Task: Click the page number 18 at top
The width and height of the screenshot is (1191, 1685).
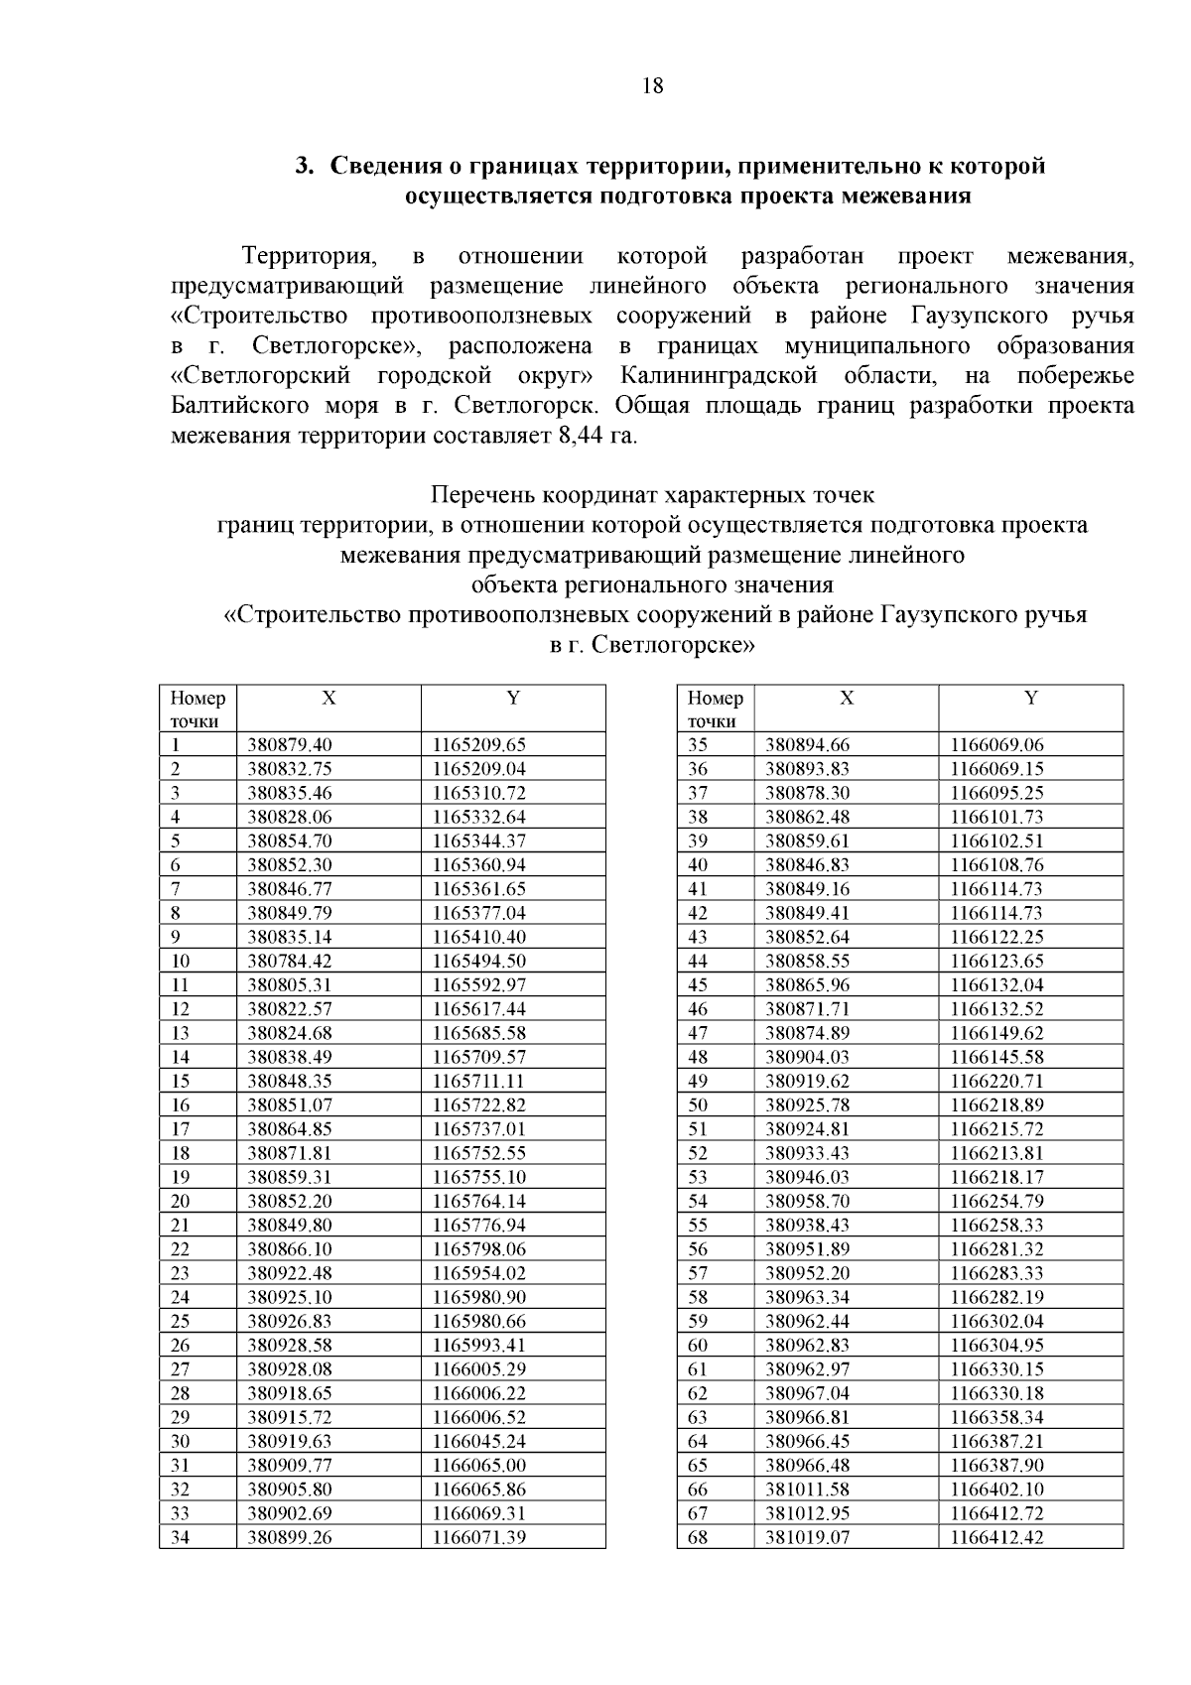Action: (x=653, y=85)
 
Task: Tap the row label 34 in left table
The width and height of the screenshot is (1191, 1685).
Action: (x=181, y=1537)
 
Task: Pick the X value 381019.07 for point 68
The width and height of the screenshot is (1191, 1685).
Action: (x=808, y=1537)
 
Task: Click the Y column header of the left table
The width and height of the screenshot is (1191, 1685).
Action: (x=513, y=699)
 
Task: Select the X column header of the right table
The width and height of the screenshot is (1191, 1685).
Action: (x=847, y=699)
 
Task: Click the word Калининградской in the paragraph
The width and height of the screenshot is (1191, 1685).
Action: (x=718, y=375)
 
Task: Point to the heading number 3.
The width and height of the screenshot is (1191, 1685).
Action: (x=305, y=165)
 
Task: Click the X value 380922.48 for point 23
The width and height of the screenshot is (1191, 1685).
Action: (x=290, y=1273)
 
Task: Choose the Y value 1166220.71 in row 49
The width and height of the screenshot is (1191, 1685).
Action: (x=997, y=1081)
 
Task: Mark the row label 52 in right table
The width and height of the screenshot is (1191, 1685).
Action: (x=699, y=1153)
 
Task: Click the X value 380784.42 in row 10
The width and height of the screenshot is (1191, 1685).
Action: (x=290, y=961)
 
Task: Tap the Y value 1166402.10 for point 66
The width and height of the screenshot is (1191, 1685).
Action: (x=997, y=1490)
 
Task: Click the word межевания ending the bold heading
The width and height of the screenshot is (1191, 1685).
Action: (x=905, y=194)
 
